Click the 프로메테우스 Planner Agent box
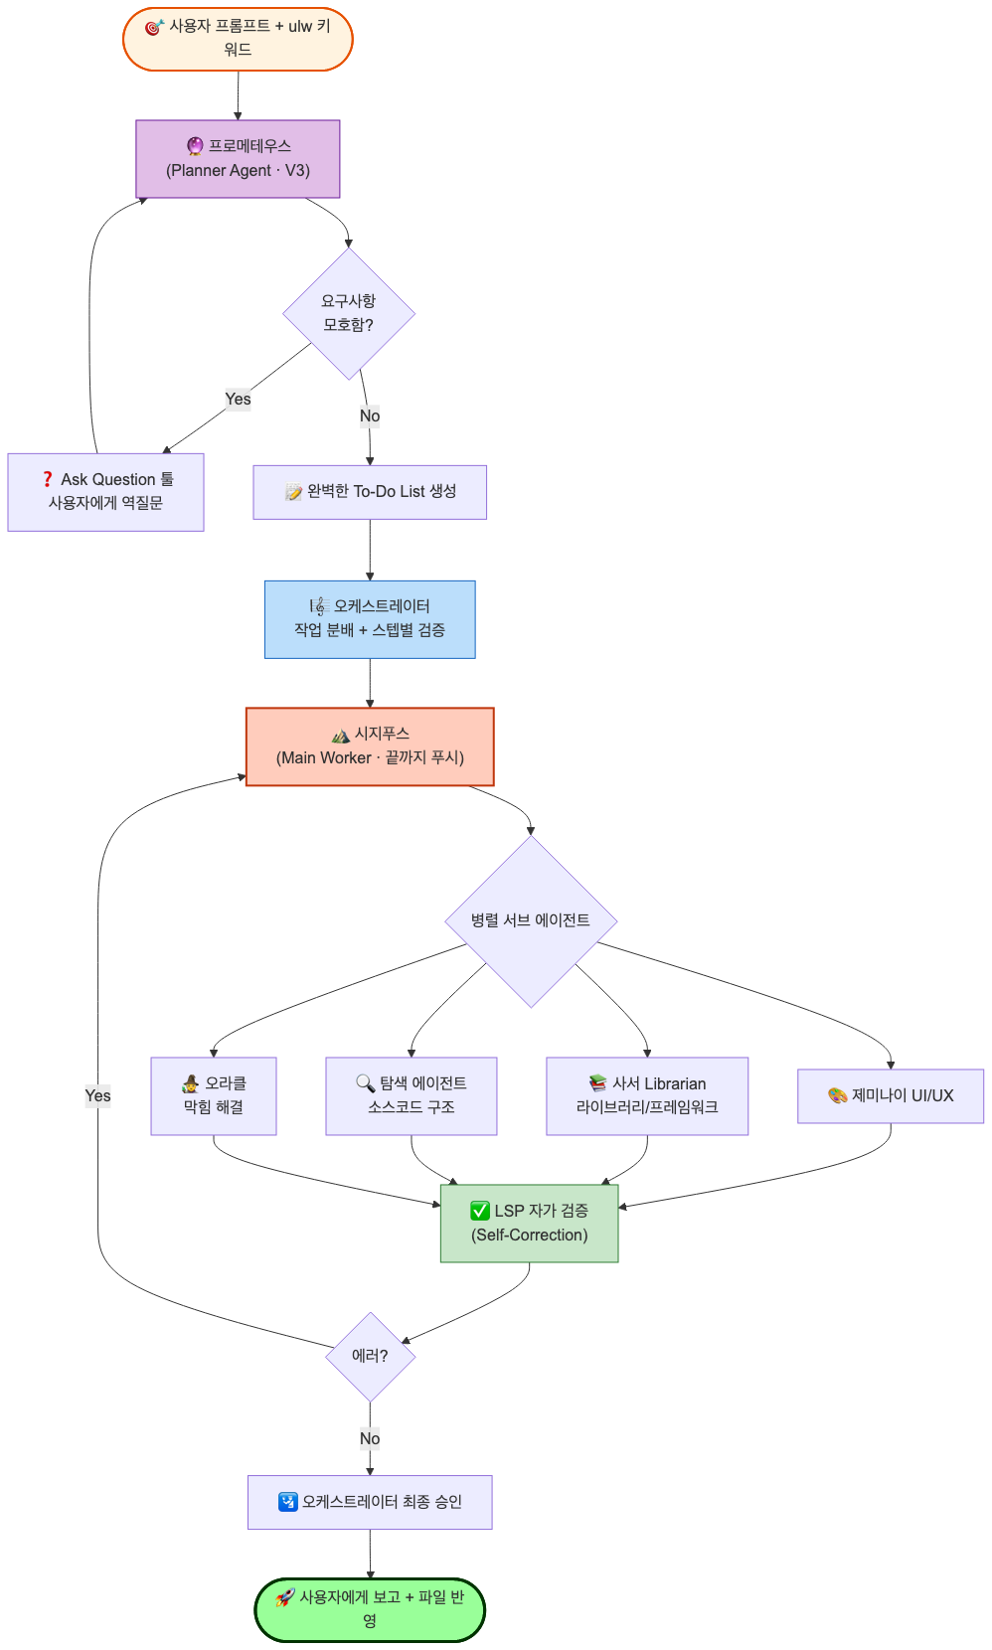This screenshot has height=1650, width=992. [238, 158]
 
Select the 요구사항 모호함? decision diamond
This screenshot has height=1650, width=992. [348, 313]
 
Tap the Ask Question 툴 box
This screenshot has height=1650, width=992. [106, 491]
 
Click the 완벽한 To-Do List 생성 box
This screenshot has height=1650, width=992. [370, 491]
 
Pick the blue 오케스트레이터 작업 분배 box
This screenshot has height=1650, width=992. [370, 618]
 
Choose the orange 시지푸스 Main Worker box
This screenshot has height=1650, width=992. [370, 746]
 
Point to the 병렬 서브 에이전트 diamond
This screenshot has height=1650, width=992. [531, 920]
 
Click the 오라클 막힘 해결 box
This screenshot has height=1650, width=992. [214, 1095]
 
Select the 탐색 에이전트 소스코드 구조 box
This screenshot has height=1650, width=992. [411, 1095]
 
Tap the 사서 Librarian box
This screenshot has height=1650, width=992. [647, 1095]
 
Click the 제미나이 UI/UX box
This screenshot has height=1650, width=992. [891, 1095]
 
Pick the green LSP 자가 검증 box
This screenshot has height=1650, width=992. [530, 1223]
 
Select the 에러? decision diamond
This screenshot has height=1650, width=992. [370, 1356]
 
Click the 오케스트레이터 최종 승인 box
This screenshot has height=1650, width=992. [370, 1502]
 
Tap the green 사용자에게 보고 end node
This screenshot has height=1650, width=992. [370, 1608]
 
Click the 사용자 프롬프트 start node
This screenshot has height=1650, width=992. [238, 39]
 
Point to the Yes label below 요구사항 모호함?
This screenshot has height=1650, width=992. [238, 400]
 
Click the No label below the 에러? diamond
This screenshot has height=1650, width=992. [370, 1438]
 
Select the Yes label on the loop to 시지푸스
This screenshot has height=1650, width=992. [98, 1095]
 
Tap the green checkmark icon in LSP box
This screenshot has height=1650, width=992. [480, 1211]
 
